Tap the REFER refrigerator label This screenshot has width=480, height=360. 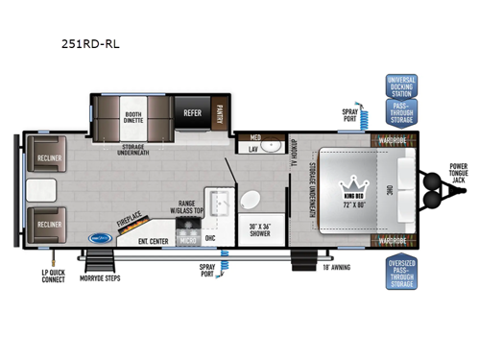192,112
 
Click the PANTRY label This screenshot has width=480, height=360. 220,113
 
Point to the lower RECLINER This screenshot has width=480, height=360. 46,224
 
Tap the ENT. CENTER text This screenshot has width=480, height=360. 154,241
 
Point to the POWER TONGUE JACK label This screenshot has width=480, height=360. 460,175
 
